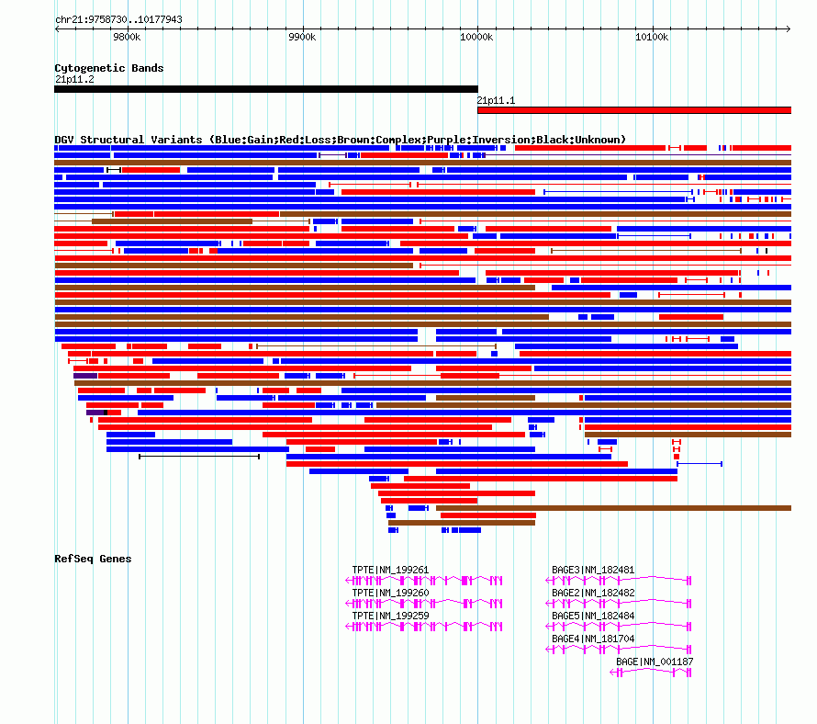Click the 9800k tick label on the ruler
click(127, 37)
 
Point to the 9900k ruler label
click(301, 37)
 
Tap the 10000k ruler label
click(476, 37)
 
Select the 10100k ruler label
click(652, 37)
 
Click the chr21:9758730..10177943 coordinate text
click(118, 19)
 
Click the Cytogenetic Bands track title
click(109, 68)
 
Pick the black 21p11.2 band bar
click(266, 89)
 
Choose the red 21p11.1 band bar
click(633, 110)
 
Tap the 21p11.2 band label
click(74, 79)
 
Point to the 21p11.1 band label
click(497, 100)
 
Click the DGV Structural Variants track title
click(341, 140)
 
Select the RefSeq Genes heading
click(93, 559)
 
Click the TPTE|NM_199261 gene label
click(390, 570)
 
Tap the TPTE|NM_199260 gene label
click(390, 593)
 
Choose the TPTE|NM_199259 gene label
click(390, 616)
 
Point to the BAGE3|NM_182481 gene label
click(593, 570)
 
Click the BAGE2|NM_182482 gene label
click(593, 593)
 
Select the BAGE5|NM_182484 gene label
click(593, 616)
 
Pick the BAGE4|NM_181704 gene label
click(593, 639)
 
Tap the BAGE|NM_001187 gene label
click(655, 662)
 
